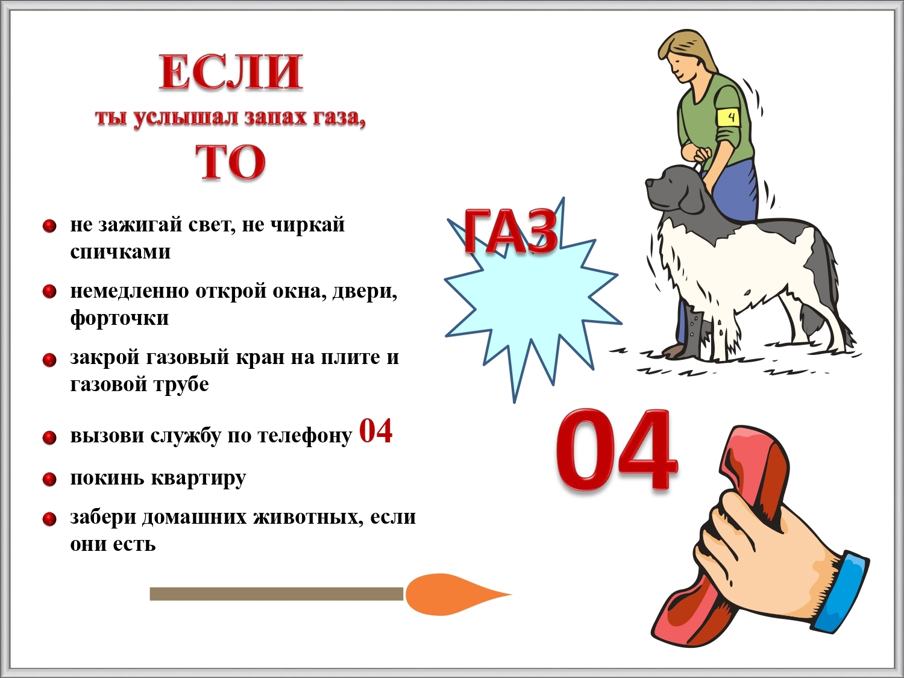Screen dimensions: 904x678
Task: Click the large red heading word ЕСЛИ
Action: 231,72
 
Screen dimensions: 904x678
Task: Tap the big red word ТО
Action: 231,163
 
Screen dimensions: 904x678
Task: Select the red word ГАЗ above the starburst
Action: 511,232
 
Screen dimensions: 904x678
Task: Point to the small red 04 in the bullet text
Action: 375,431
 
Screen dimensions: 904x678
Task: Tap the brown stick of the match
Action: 277,594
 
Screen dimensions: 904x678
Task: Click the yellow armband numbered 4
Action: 728,118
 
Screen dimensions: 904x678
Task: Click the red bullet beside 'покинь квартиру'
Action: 49,479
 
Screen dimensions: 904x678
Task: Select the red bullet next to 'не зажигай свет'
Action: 49,226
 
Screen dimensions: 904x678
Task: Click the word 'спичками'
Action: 121,251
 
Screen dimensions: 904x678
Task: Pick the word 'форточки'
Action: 119,318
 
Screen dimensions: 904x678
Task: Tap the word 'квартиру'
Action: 199,479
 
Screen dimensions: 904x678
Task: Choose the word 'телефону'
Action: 305,436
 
